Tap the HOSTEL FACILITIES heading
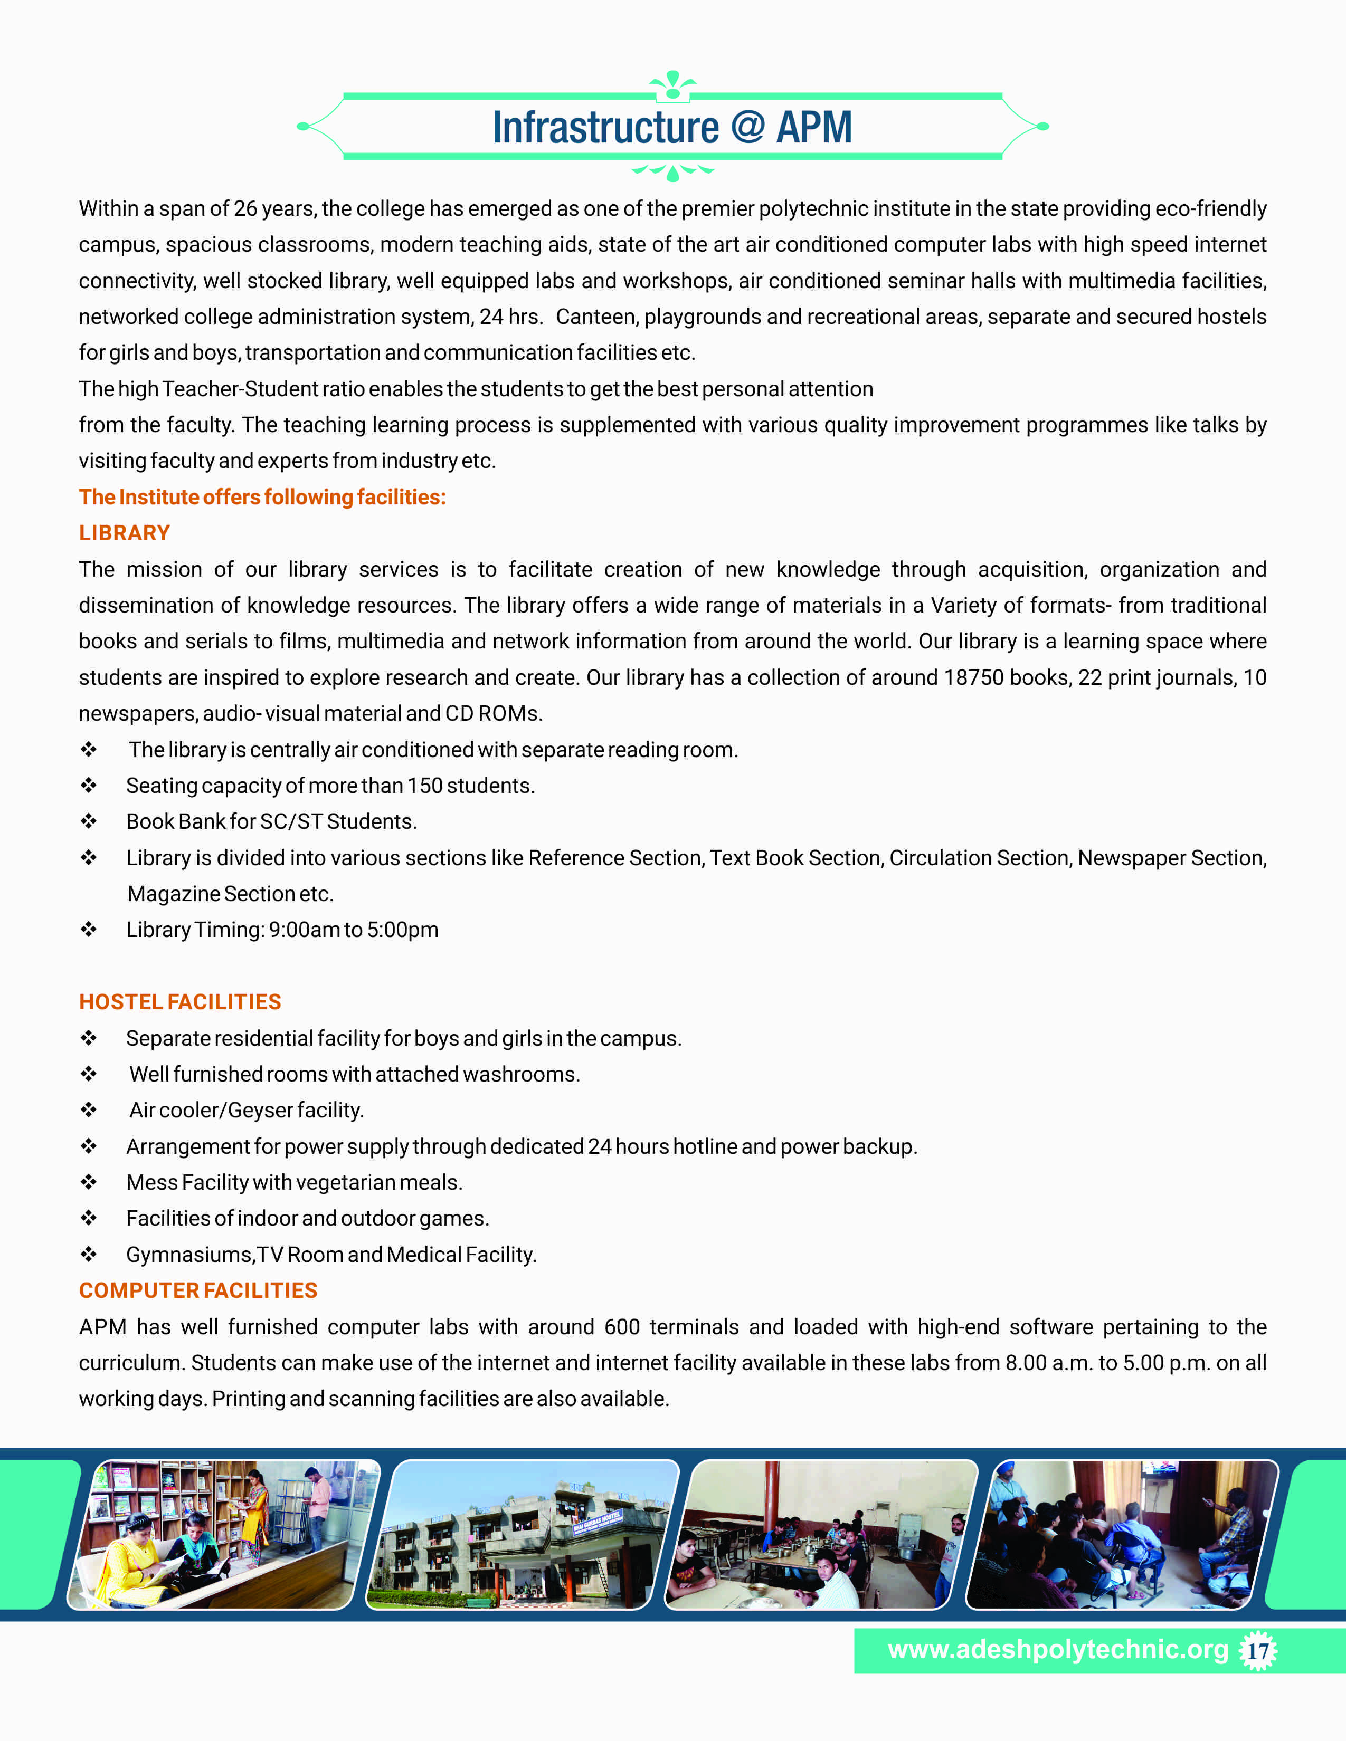180,1001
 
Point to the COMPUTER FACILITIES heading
198,1290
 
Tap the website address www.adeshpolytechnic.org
1058,1649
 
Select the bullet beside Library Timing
89,930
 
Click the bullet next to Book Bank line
89,821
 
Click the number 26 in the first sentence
245,209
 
